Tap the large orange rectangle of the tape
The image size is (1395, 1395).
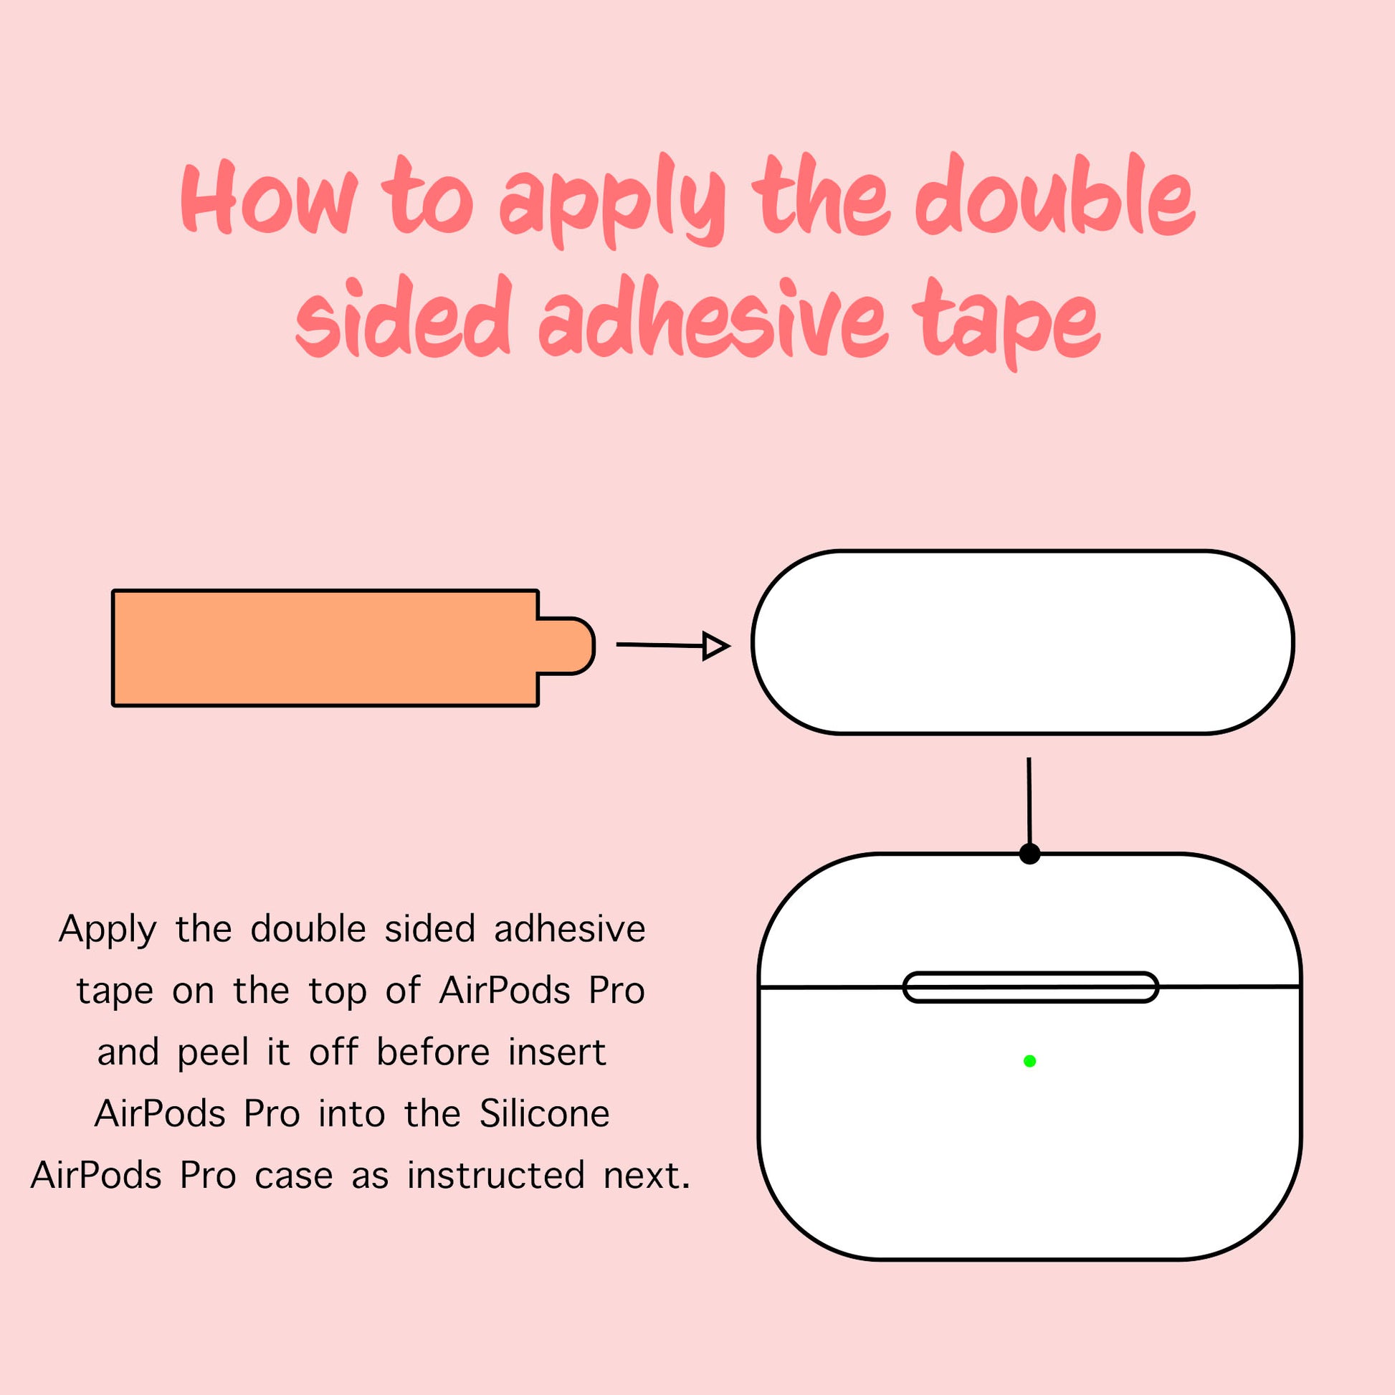(325, 648)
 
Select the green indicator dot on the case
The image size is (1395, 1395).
(1029, 1061)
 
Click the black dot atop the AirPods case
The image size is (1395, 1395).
(1029, 854)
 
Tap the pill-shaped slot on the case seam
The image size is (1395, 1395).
(1031, 987)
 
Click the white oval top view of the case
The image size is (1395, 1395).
(1022, 642)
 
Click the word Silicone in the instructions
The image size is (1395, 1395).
(544, 1113)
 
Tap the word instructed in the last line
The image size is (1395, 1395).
(495, 1175)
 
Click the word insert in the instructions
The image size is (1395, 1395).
(557, 1052)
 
